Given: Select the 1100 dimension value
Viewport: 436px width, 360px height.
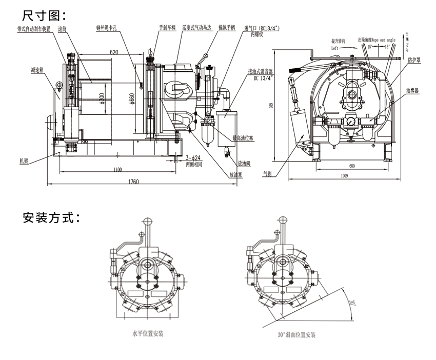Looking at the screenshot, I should point(118,170).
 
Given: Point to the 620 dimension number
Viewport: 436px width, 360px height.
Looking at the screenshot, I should point(114,52).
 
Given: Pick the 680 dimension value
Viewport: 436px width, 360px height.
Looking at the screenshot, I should point(351,165).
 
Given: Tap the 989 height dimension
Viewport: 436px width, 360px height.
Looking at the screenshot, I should point(273,106).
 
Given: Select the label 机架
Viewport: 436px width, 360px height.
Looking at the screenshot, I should point(23,161).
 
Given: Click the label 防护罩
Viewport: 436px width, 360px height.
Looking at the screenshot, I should point(414,60).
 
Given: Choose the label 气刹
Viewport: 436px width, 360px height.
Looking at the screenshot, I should point(267,174).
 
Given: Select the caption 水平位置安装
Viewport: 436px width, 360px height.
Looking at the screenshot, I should point(143,333).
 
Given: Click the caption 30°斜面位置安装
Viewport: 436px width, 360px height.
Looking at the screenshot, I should point(296,334).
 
